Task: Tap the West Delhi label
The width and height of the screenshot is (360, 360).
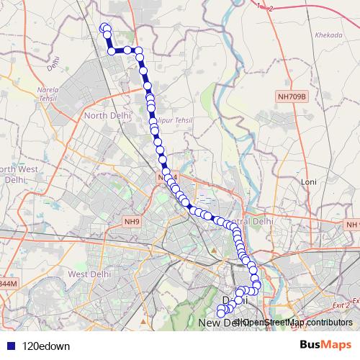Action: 87,274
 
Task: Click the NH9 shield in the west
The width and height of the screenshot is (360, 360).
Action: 130,222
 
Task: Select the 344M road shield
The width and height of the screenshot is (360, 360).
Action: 7,284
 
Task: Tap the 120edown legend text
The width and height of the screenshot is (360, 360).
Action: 45,345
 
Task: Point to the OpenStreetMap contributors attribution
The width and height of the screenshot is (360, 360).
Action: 297,323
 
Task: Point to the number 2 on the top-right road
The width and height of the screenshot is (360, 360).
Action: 271,8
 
